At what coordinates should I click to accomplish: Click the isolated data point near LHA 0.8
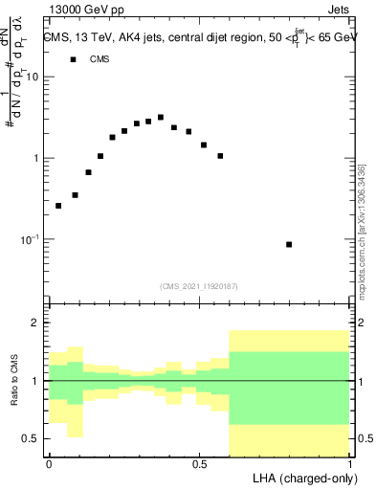(289, 245)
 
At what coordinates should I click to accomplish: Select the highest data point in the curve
(161, 118)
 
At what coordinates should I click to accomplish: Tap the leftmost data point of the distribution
(58, 206)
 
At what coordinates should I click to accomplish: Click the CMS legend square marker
(73, 59)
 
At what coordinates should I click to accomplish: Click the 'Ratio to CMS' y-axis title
(13, 381)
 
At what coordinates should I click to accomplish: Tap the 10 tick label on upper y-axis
(33, 78)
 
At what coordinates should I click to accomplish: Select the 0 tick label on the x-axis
(48, 463)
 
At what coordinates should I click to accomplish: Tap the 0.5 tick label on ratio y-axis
(32, 438)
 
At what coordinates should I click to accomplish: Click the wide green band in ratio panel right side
(289, 388)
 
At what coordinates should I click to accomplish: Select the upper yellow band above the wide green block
(289, 341)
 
